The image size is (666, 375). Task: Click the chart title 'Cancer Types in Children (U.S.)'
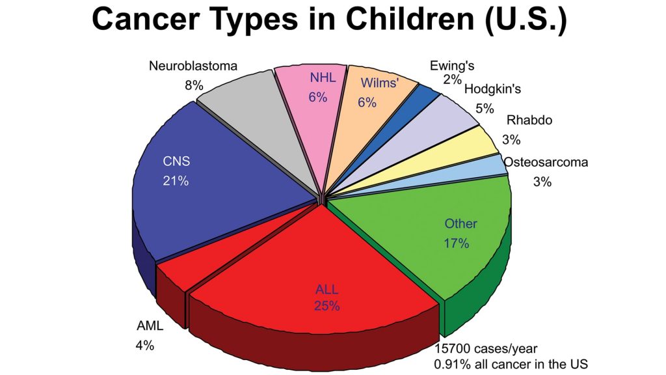(x=329, y=20)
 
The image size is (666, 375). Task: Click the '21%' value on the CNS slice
(x=176, y=182)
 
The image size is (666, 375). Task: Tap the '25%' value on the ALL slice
(x=327, y=305)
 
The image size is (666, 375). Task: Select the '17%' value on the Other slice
(x=457, y=243)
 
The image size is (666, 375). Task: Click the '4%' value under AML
(x=144, y=346)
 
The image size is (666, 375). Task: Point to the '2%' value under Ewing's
(x=453, y=79)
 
